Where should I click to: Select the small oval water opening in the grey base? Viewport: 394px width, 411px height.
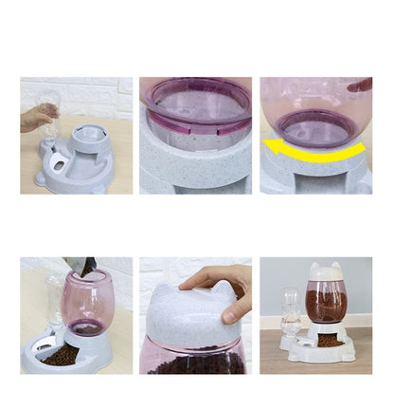(61, 163)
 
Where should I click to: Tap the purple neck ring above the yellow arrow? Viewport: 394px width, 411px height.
(316, 128)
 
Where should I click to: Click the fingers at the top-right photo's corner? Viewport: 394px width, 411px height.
(361, 84)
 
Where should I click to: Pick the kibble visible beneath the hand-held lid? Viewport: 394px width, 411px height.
(196, 363)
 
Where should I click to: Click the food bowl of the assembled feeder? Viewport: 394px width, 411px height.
(329, 341)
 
